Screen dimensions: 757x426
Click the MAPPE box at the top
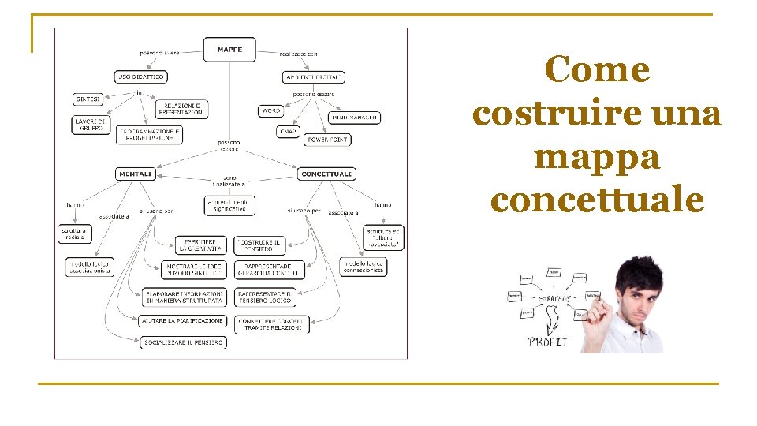(229, 49)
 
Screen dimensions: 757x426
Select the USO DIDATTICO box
(140, 77)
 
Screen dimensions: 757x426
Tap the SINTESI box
(88, 99)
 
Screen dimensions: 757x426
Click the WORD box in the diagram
(270, 110)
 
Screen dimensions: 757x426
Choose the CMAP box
(288, 131)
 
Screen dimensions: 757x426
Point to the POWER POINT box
(328, 140)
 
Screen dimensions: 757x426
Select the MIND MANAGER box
(354, 118)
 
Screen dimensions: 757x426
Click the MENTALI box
(135, 174)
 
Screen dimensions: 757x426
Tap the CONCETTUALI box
(326, 174)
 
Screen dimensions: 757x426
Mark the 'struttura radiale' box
(76, 234)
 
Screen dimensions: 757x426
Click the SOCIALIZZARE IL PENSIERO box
(184, 342)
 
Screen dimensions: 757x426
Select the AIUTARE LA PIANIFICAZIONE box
(183, 321)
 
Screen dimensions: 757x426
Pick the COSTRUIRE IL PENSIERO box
(259, 245)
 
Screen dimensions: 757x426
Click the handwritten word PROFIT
(549, 342)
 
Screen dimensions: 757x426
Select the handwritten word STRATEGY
(555, 299)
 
